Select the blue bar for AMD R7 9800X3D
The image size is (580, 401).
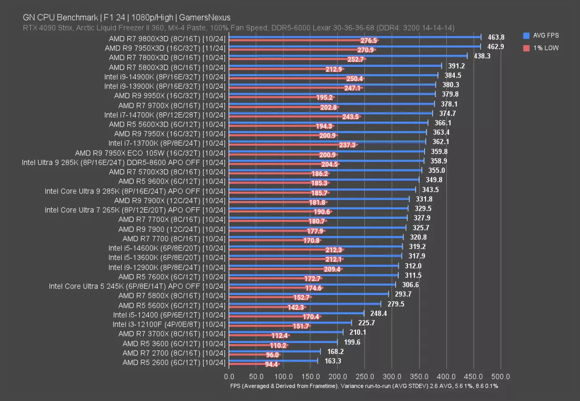pos(355,37)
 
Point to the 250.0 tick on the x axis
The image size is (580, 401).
pos(365,376)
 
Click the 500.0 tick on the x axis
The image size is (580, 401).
pos(501,376)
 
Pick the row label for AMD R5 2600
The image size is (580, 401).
pos(174,362)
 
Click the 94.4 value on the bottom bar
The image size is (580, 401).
pos(271,364)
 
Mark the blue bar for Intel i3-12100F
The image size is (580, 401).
pos(290,322)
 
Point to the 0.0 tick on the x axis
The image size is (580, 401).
pos(229,376)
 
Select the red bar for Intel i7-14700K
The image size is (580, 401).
pos(294,117)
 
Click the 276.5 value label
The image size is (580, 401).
pos(369,41)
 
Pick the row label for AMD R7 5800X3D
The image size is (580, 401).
pos(167,67)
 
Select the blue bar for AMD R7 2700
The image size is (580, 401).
pos(274,351)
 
